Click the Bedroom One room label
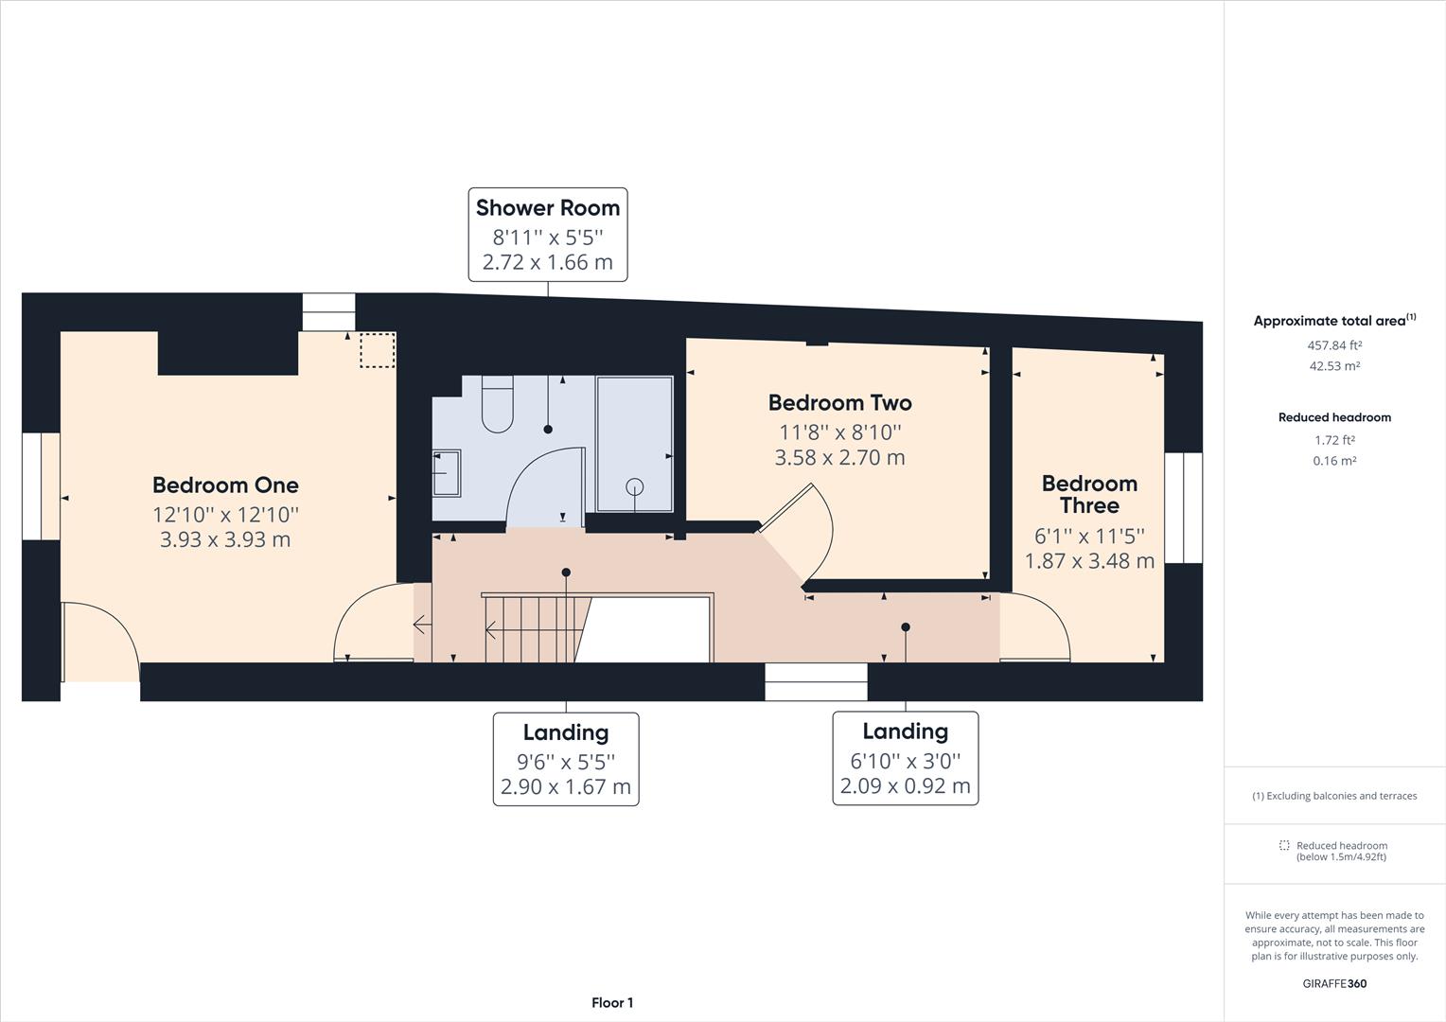point(225,485)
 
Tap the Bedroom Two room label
point(839,403)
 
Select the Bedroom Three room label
point(1088,494)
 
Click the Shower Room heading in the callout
point(547,208)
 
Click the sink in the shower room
point(447,473)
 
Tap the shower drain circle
point(634,486)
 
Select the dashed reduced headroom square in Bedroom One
point(378,350)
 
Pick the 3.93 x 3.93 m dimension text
point(225,539)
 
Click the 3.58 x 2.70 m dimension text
point(839,458)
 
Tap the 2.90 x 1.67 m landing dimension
point(565,786)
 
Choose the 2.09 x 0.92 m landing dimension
point(905,785)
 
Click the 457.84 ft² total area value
point(1334,345)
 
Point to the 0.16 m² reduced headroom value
point(1334,461)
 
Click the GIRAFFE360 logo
point(1334,983)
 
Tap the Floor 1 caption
point(612,1003)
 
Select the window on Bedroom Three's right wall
point(1183,508)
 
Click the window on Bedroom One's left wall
point(41,486)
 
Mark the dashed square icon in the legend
point(1284,846)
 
